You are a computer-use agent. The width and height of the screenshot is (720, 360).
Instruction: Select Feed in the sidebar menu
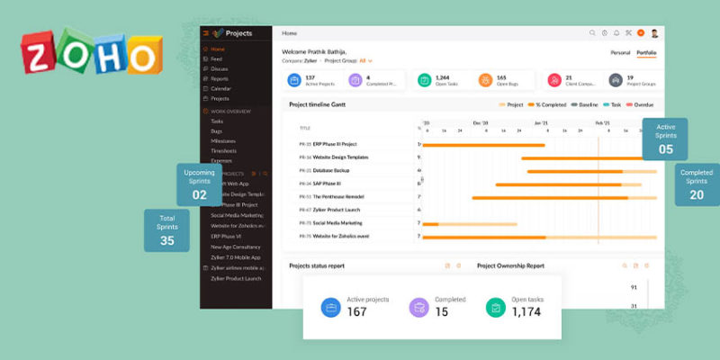(216, 58)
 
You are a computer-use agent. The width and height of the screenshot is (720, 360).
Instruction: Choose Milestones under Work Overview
(222, 140)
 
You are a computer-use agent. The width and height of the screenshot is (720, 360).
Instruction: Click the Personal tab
(621, 53)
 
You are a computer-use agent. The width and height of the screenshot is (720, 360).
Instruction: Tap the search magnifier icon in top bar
(592, 33)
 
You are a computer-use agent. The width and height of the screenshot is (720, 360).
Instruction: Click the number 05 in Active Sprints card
(665, 149)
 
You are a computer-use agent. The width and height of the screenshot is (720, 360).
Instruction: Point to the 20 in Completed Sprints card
(697, 194)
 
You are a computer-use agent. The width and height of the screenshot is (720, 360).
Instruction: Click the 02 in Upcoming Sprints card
(199, 194)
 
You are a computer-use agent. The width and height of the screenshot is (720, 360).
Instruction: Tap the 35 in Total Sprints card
(167, 240)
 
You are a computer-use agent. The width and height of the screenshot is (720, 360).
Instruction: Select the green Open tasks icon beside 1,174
(494, 307)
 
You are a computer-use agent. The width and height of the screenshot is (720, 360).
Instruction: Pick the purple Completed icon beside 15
(418, 307)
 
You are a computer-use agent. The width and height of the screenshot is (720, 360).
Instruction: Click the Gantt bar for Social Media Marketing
(469, 222)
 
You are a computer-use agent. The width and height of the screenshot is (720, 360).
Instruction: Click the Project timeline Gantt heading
(317, 104)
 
